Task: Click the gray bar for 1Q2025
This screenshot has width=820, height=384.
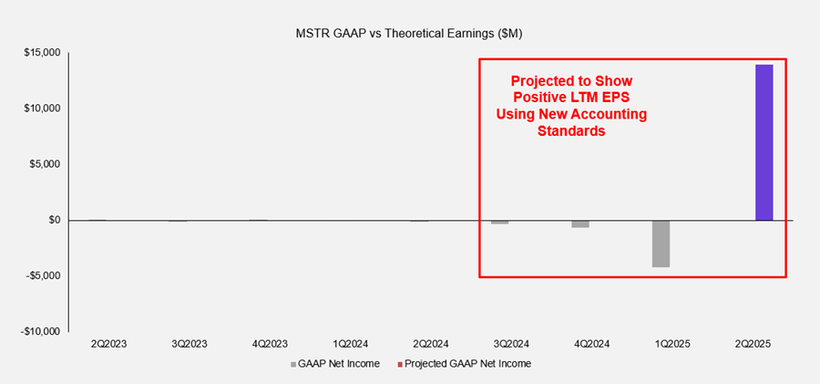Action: (x=661, y=244)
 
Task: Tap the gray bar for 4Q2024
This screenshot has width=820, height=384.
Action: (x=579, y=223)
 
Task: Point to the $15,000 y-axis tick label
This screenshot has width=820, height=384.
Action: (x=42, y=53)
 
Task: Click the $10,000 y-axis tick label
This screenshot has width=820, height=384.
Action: (x=42, y=109)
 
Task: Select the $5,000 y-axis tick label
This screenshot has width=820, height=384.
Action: (x=45, y=164)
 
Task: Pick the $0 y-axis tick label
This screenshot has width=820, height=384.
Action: (x=54, y=220)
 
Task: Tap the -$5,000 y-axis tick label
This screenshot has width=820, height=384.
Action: (x=43, y=275)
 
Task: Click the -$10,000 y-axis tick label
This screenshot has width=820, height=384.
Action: (x=40, y=331)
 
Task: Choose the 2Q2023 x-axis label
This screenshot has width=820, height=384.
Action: (x=108, y=345)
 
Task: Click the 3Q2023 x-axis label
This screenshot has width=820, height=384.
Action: (x=190, y=345)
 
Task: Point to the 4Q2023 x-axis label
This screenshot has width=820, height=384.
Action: (x=270, y=345)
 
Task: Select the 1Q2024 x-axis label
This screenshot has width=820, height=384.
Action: (x=351, y=345)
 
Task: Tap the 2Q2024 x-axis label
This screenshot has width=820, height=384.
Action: (x=432, y=345)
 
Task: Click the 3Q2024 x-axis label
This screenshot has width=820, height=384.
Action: (x=512, y=345)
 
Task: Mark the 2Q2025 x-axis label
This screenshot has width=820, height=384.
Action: (x=754, y=345)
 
